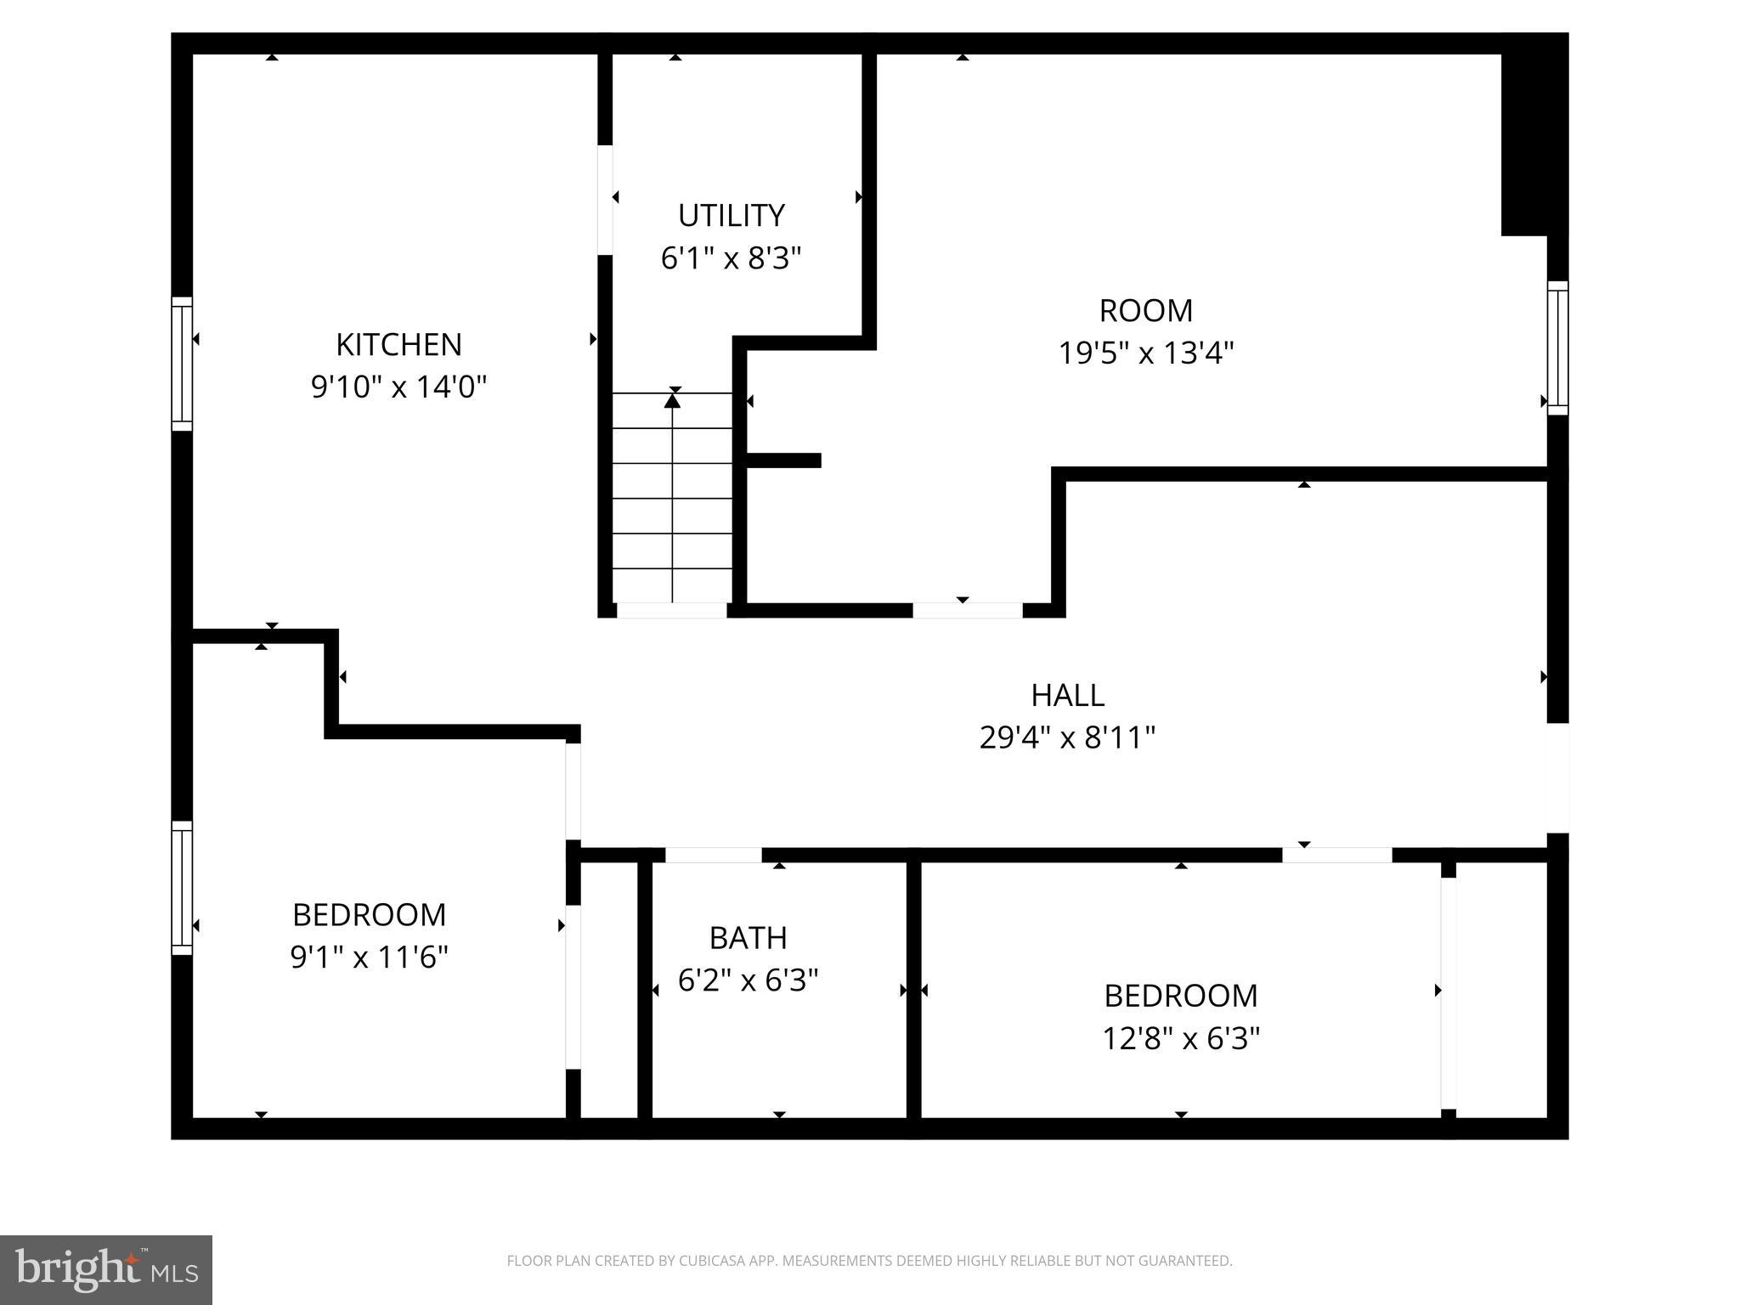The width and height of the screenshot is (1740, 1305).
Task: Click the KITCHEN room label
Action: pyautogui.click(x=398, y=345)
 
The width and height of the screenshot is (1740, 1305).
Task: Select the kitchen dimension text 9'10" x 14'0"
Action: pyautogui.click(x=398, y=387)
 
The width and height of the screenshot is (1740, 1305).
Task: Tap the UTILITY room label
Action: pyautogui.click(x=731, y=216)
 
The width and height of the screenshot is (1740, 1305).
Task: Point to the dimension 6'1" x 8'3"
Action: pyautogui.click(x=731, y=258)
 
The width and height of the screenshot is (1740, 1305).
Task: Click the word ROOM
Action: pyautogui.click(x=1145, y=311)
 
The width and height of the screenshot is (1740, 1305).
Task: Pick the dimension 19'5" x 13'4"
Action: pyautogui.click(x=1145, y=353)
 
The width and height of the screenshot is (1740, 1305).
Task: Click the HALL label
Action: pyautogui.click(x=1067, y=696)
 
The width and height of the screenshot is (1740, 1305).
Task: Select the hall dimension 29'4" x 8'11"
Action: pyautogui.click(x=1067, y=737)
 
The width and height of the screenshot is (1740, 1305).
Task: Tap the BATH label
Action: pyautogui.click(x=748, y=938)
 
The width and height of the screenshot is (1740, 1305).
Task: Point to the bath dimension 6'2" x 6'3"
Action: pyautogui.click(x=748, y=980)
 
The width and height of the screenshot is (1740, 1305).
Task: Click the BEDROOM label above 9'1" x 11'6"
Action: pyautogui.click(x=369, y=915)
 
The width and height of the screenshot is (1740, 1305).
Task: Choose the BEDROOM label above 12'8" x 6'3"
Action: pyautogui.click(x=1180, y=996)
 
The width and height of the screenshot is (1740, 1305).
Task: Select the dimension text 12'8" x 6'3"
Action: pyautogui.click(x=1180, y=1038)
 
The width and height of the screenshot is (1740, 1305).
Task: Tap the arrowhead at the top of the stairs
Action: pyautogui.click(x=672, y=399)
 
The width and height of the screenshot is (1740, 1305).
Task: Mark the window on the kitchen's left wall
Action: pyautogui.click(x=182, y=364)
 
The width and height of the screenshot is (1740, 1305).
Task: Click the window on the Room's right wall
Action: pyautogui.click(x=1556, y=347)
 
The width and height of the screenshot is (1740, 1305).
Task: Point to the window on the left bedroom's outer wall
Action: pyautogui.click(x=182, y=887)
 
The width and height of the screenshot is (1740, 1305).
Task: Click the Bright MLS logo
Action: pyautogui.click(x=106, y=1269)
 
